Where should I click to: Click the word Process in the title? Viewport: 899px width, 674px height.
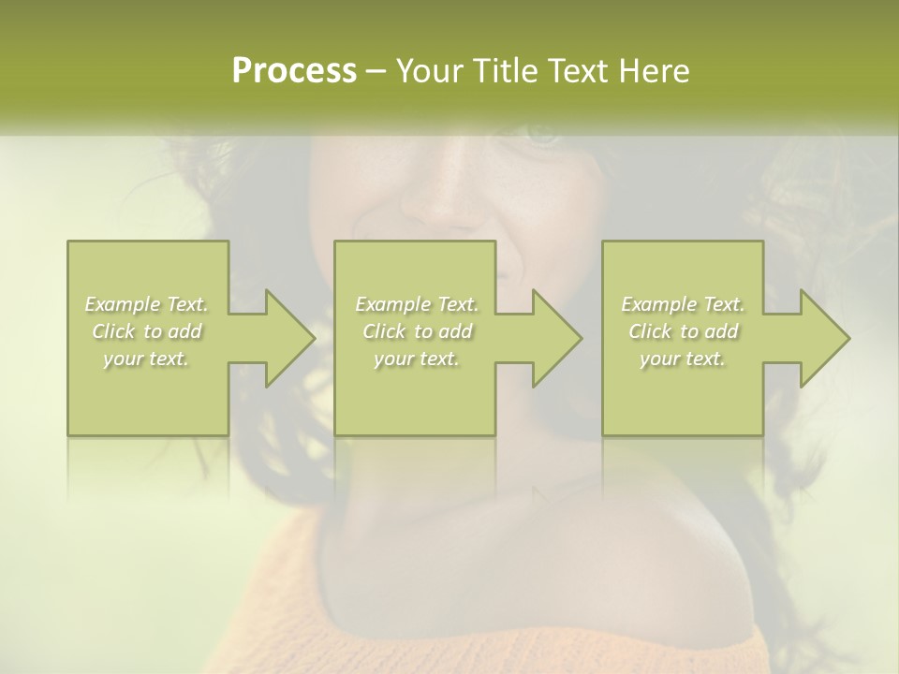pyautogui.click(x=294, y=71)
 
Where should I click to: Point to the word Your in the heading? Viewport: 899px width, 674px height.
pyautogui.click(x=430, y=71)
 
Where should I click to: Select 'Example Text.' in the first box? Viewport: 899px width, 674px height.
pyautogui.click(x=147, y=304)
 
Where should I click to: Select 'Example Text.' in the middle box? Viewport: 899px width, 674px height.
pyautogui.click(x=417, y=304)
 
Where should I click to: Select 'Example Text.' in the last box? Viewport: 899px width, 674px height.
pyautogui.click(x=683, y=304)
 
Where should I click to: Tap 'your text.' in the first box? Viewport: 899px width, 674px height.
pyautogui.click(x=147, y=359)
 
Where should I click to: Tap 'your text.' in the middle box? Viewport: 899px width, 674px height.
pyautogui.click(x=417, y=359)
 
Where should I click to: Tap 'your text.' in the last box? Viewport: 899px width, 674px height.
pyautogui.click(x=683, y=359)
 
